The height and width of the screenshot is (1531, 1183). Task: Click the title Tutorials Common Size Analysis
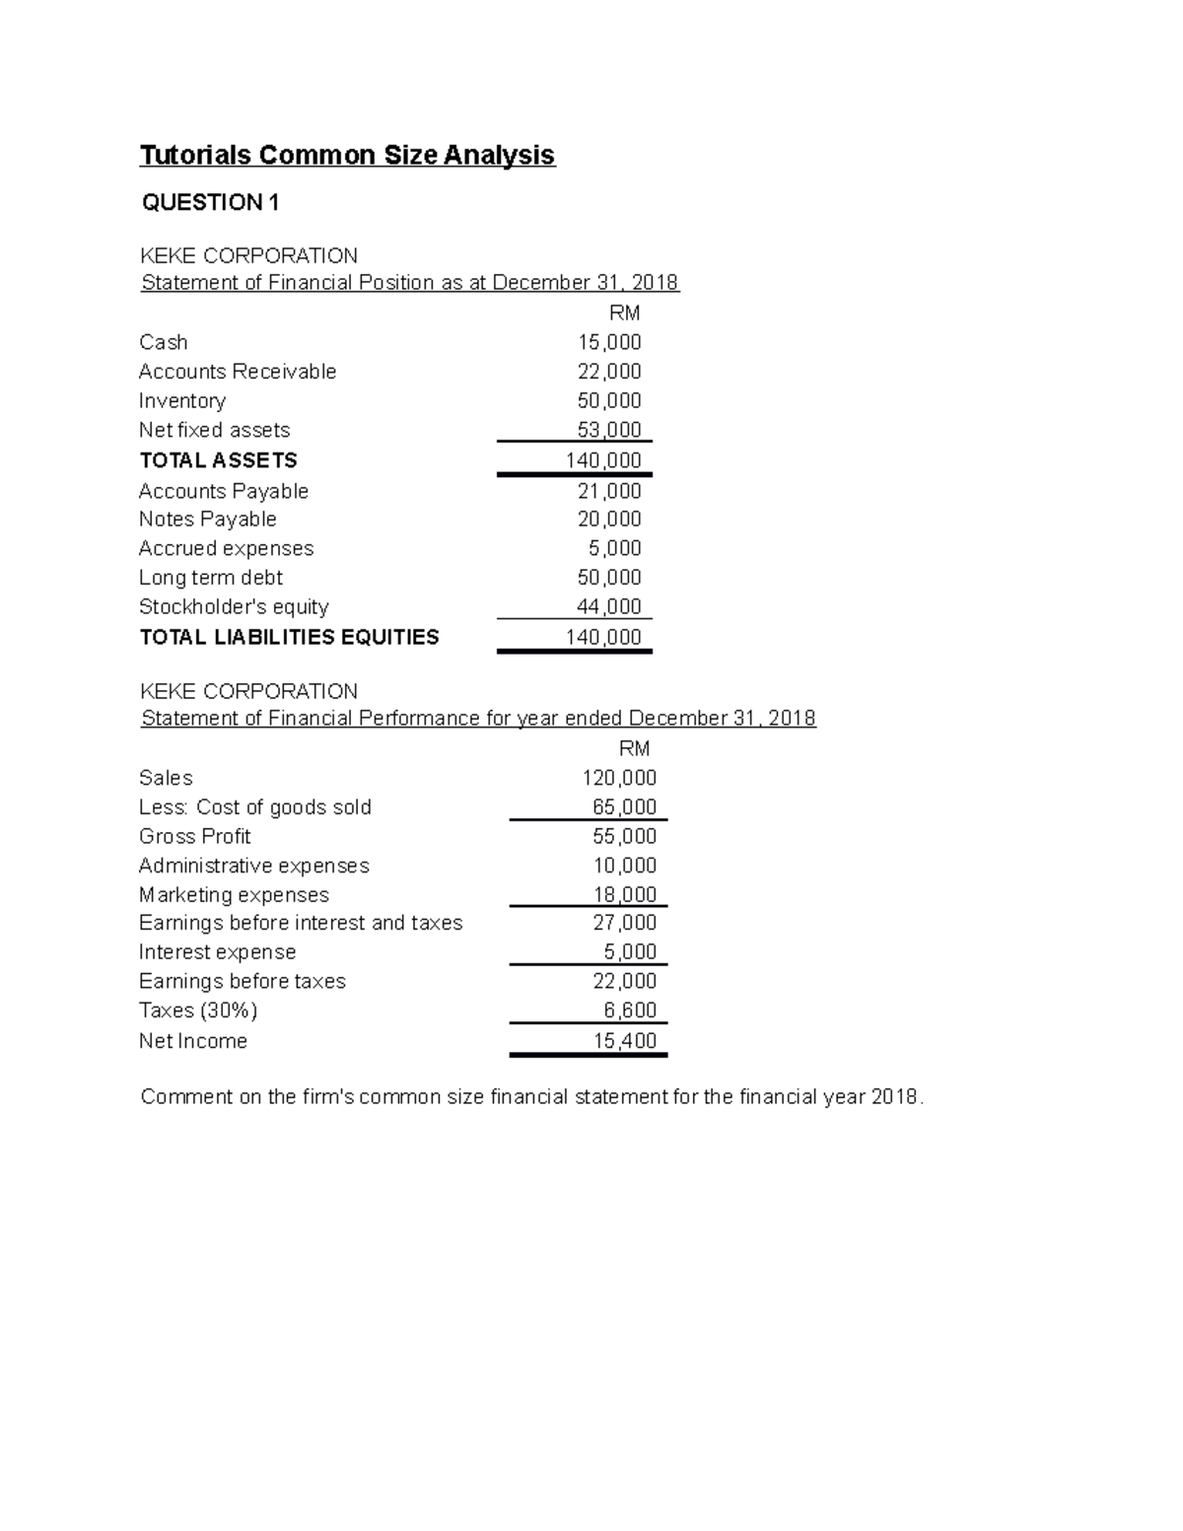pos(347,156)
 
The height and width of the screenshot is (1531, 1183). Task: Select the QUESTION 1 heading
pos(210,203)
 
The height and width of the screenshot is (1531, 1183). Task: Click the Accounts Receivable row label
pos(238,372)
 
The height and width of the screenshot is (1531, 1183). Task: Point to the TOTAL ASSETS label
pos(218,460)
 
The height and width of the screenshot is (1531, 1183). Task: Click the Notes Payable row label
pos(207,520)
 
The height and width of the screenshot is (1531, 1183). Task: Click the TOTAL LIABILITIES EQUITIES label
pos(289,637)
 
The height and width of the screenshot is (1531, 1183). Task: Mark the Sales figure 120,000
pos(619,778)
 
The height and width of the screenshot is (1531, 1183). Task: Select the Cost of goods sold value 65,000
pos(624,807)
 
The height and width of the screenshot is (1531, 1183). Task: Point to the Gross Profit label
pos(194,836)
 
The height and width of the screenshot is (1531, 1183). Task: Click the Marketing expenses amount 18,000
pos(624,895)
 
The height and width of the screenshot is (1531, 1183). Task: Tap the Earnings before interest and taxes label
pos(301,923)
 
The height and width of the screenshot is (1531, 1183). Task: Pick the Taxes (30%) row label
pos(197,1010)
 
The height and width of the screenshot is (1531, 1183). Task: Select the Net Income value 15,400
pos(624,1041)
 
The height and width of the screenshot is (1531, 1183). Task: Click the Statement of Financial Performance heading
pos(478,719)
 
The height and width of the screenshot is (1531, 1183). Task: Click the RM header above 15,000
pos(625,313)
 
